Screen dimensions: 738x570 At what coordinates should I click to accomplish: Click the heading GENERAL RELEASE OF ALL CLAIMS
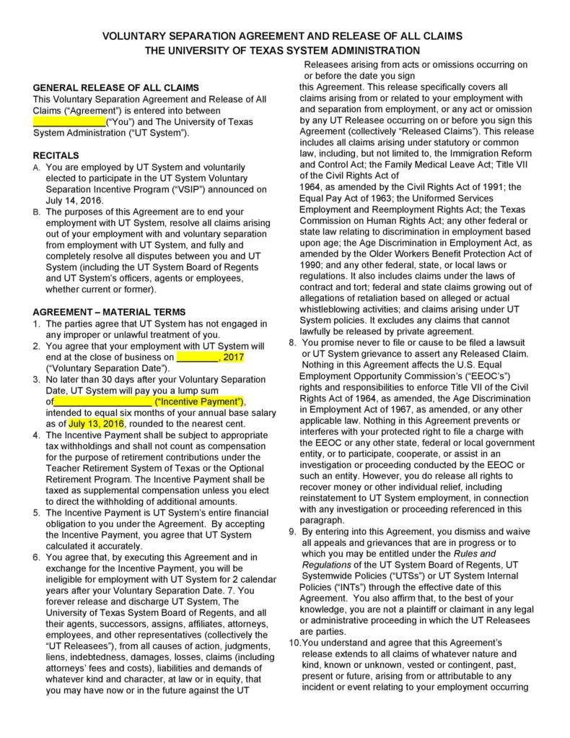[116, 87]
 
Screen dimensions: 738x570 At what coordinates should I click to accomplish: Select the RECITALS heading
[56, 155]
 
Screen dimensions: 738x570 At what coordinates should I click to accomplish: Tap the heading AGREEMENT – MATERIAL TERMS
[109, 312]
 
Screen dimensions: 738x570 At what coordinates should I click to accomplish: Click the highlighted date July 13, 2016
[97, 423]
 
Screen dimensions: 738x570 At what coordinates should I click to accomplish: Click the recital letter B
[37, 212]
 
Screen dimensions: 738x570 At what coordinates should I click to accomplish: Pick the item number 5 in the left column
[37, 513]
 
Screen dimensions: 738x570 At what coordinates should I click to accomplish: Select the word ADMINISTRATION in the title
[369, 51]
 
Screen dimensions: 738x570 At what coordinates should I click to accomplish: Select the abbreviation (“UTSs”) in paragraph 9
[388, 576]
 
